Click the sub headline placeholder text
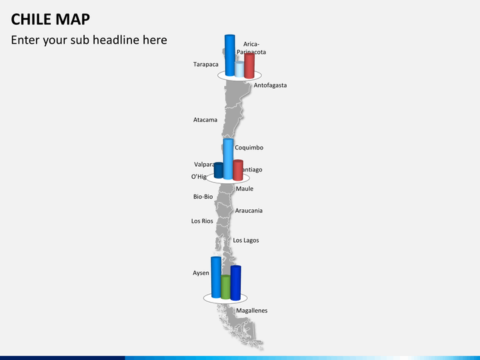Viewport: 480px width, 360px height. pos(89,40)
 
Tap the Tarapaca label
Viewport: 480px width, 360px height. pos(206,65)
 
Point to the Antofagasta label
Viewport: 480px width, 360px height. pos(270,85)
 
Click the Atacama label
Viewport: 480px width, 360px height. pos(205,120)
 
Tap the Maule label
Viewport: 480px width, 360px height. pos(245,189)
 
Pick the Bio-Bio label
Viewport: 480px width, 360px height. pos(203,197)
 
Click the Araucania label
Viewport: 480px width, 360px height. pos(249,211)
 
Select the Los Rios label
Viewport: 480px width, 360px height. pos(202,221)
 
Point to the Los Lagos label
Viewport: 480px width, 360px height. pos(246,240)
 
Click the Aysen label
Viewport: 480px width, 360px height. pos(201,273)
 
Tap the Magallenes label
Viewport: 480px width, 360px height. pos(252,311)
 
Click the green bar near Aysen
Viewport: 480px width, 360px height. pos(225,287)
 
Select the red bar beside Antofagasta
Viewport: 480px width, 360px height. pos(249,65)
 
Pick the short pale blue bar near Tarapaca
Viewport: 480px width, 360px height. pos(239,69)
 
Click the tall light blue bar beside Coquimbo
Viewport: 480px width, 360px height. pos(228,159)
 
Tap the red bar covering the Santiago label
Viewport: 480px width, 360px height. pos(238,170)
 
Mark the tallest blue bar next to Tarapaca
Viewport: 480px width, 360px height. pos(230,55)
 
